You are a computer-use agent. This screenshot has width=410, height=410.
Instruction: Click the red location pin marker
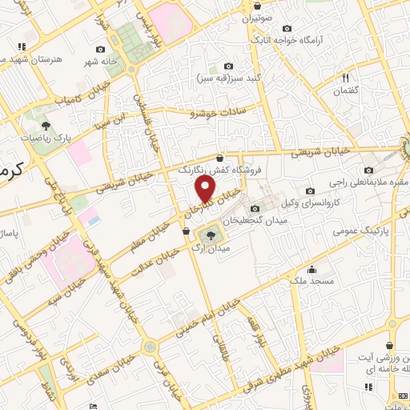pos(206,188)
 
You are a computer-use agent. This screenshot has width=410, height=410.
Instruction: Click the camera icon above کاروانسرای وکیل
pos(310,191)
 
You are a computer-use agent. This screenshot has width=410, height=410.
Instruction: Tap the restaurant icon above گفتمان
pos(346,78)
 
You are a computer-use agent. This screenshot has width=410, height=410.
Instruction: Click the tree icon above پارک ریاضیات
pos(46,125)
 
